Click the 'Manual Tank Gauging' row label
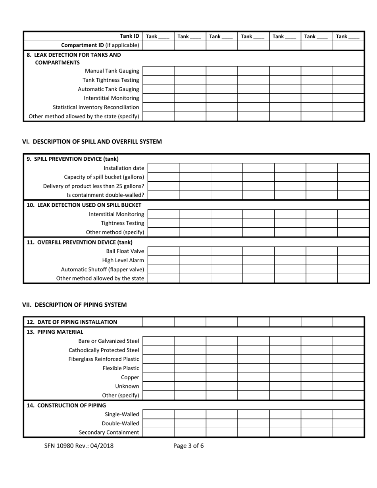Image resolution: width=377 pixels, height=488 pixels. [x=112, y=71]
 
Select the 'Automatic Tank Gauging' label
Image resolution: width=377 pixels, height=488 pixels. [x=108, y=89]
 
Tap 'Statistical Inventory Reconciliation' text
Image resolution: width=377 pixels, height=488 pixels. [x=96, y=107]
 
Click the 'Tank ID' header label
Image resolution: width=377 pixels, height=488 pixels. [x=129, y=36]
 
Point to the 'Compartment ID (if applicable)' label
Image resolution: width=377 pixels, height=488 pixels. [x=100, y=45]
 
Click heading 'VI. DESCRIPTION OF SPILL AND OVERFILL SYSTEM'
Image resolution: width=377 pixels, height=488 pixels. [x=92, y=142]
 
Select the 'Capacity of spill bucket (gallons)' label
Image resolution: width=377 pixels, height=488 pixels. [x=104, y=177]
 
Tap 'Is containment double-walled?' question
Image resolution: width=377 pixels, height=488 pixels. [x=105, y=195]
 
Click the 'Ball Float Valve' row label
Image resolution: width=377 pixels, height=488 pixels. [x=125, y=251]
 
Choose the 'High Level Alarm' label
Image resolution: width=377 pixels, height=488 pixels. [x=123, y=260]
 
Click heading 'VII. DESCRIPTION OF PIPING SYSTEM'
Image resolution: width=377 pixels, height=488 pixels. [x=74, y=305]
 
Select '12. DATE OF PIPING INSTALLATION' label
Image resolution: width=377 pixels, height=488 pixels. [x=72, y=322]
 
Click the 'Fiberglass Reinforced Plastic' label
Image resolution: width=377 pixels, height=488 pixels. [x=104, y=359]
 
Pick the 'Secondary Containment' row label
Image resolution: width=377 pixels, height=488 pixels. [x=109, y=432]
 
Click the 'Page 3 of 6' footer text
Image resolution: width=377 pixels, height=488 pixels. [x=188, y=446]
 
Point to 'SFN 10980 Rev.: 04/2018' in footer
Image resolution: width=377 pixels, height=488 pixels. [x=79, y=446]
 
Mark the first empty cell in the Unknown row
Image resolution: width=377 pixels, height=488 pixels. [x=158, y=386]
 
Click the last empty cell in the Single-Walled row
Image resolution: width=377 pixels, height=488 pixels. [x=348, y=414]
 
